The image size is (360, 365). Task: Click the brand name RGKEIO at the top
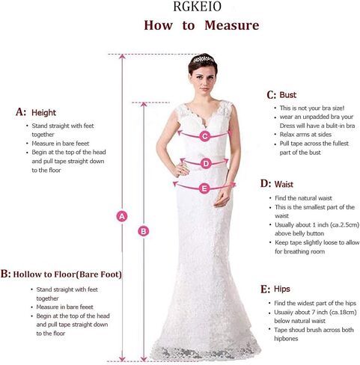coord(197,7)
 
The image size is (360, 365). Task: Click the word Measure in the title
coord(232,25)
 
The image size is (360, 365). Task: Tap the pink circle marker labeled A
coord(122,216)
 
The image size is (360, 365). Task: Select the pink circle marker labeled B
coord(144,231)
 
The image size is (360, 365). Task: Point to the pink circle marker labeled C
coord(205,136)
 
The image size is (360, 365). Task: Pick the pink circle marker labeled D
coord(206,164)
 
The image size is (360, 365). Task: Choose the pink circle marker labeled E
coord(204,188)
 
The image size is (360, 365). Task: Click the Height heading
coord(43,113)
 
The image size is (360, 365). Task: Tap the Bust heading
coord(288,95)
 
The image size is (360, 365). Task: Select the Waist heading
coord(284,185)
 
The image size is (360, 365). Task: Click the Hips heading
coord(282,289)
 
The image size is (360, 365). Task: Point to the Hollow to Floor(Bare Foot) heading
coord(67,274)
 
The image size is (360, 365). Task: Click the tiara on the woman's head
coord(204,59)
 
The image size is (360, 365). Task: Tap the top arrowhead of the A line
coord(122,57)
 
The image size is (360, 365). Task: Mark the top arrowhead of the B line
coord(144,105)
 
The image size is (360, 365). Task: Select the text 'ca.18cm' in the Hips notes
coord(343,312)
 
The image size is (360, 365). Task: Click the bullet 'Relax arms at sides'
coord(305,135)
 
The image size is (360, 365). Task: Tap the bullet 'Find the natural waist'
coord(303,198)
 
